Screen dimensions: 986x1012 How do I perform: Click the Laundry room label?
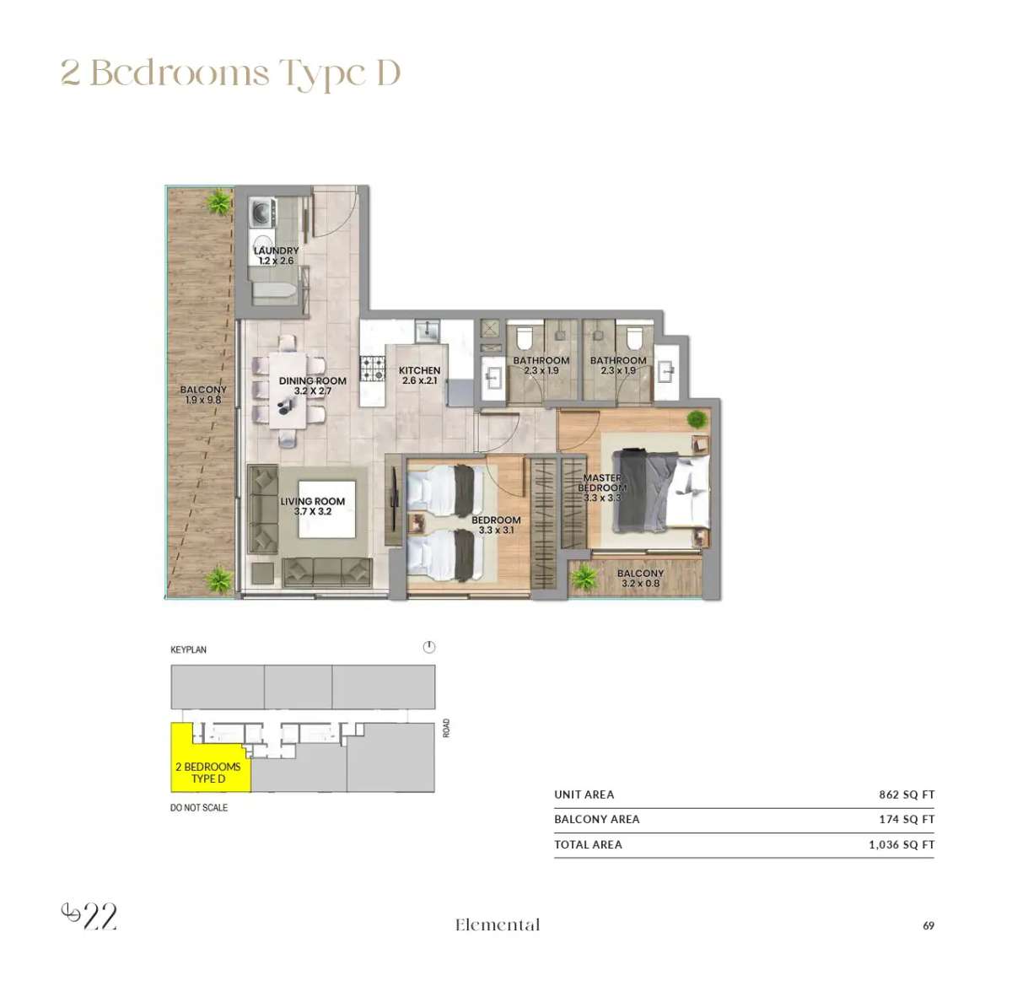pos(276,256)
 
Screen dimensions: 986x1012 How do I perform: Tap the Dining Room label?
pos(312,385)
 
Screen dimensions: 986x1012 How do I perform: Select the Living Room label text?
pos(312,506)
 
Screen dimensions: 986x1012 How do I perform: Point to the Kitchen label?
pos(419,375)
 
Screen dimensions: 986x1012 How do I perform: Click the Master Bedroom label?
pos(602,488)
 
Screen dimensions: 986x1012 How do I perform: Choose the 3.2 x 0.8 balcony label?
pos(640,578)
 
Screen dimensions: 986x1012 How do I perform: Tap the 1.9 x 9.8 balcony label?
pos(202,395)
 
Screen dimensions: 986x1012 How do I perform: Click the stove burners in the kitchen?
pos(373,369)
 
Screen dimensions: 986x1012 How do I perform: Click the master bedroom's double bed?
pos(662,491)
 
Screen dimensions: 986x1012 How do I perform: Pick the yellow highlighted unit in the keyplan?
pos(206,762)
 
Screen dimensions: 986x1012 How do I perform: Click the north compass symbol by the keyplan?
pos(429,648)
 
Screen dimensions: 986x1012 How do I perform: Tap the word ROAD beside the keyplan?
pos(446,728)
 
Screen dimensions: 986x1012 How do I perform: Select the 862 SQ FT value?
pos(907,795)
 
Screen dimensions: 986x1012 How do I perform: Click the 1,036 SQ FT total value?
pos(902,844)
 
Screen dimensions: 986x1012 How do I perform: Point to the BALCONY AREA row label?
pos(596,819)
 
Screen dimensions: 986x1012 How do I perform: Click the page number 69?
pos(929,925)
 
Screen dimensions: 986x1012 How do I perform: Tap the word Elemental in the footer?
pos(498,925)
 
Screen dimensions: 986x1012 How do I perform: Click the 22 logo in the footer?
pos(90,916)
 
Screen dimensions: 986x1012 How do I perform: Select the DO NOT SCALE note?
pos(199,807)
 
